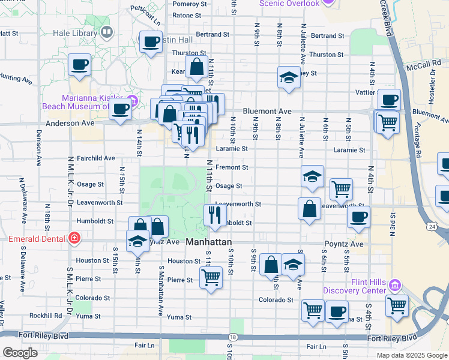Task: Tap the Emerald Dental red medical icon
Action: (x=74, y=238)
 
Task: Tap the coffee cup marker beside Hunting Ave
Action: (x=79, y=65)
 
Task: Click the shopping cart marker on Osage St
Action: (x=341, y=189)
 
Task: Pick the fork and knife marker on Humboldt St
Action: (x=214, y=214)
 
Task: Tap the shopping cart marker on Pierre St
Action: (x=211, y=278)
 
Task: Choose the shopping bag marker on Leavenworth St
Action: (x=309, y=209)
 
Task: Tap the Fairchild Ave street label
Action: (x=96, y=158)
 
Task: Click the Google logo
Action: (x=20, y=353)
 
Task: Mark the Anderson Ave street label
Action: (x=70, y=123)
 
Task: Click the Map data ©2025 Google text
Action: (x=411, y=355)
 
